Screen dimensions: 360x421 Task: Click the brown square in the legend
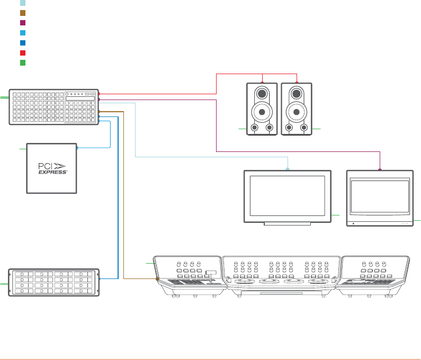[23, 13]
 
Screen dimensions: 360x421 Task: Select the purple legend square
[23, 23]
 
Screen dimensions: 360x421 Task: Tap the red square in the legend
[23, 53]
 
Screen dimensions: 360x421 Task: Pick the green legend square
[23, 63]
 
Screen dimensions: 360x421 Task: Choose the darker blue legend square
[23, 43]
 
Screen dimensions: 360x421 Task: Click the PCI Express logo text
[52, 168]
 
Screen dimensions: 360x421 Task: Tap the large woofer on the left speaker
[262, 112]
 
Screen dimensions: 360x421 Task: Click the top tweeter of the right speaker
[297, 94]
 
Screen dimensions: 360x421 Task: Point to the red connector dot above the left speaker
[262, 82]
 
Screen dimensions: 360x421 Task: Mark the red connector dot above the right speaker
[297, 82]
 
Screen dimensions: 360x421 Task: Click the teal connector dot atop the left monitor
[288, 169]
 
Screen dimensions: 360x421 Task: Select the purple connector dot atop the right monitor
[380, 169]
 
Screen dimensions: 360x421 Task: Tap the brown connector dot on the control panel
[157, 278]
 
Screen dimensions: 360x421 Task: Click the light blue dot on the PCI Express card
[77, 148]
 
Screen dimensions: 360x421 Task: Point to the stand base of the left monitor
[286, 224]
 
